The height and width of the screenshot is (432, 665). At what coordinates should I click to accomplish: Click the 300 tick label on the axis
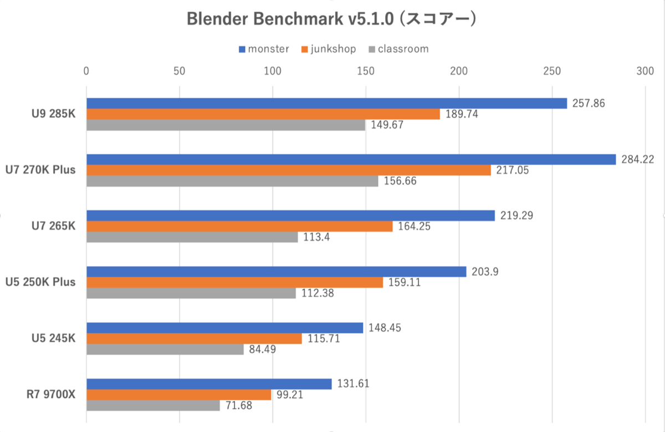click(x=644, y=71)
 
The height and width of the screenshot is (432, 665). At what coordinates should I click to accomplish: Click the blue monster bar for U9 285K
click(x=326, y=103)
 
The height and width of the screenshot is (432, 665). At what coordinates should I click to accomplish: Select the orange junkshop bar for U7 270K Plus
click(x=288, y=170)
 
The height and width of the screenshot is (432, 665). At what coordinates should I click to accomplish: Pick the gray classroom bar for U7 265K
click(x=192, y=237)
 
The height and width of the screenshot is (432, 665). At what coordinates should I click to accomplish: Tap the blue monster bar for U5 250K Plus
click(x=276, y=271)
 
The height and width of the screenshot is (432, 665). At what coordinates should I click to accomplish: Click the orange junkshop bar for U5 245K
click(x=194, y=338)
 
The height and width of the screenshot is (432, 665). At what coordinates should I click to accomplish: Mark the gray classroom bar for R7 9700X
click(x=153, y=405)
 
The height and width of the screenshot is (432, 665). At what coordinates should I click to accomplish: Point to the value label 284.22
click(x=637, y=159)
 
